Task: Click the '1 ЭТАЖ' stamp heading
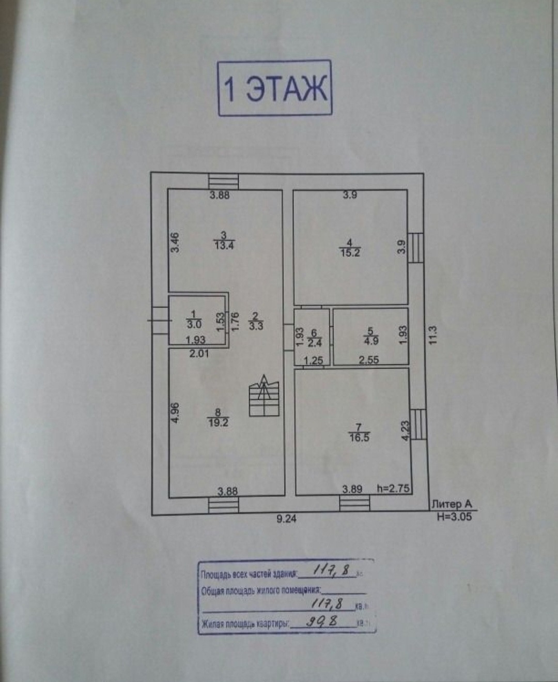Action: [274, 88]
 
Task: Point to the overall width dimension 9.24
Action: [286, 519]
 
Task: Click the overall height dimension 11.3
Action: [433, 335]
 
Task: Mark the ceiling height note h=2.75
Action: [393, 489]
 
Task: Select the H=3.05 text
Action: [454, 516]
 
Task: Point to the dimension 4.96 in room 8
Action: [175, 413]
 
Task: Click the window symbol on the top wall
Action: [223, 181]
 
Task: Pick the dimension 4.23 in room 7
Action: [405, 431]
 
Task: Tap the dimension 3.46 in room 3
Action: [175, 243]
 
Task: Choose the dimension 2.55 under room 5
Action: [369, 360]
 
